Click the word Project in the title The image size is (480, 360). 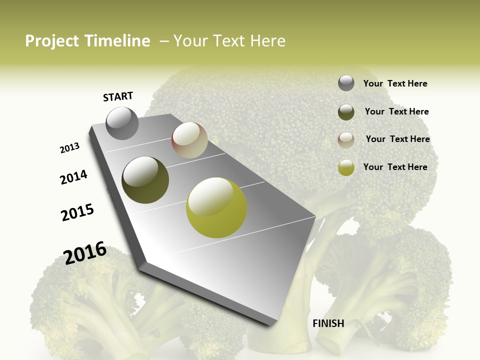pos(53,41)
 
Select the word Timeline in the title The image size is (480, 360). pos(118,41)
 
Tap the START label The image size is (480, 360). pos(118,96)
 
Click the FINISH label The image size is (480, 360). pos(328,323)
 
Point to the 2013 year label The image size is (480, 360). pos(70,148)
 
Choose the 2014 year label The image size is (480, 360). pos(74,177)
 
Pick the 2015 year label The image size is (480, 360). pos(77,212)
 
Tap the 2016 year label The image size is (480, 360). pos(85,253)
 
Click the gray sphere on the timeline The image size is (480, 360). pos(122,123)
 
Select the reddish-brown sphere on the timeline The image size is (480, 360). pos(189,140)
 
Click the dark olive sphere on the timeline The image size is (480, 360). pos(145,180)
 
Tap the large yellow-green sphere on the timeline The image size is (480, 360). pos(216,207)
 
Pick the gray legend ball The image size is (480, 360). pos(346,83)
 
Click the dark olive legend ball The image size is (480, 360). pos(346,112)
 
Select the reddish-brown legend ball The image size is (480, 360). pos(346,140)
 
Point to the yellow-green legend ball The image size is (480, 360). pos(346,167)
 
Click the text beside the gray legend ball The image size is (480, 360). pos(395,83)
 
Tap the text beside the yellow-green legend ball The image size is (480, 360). pos(395,167)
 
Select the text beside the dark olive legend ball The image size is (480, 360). pos(396,111)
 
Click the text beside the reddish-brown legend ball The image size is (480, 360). pos(397,139)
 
